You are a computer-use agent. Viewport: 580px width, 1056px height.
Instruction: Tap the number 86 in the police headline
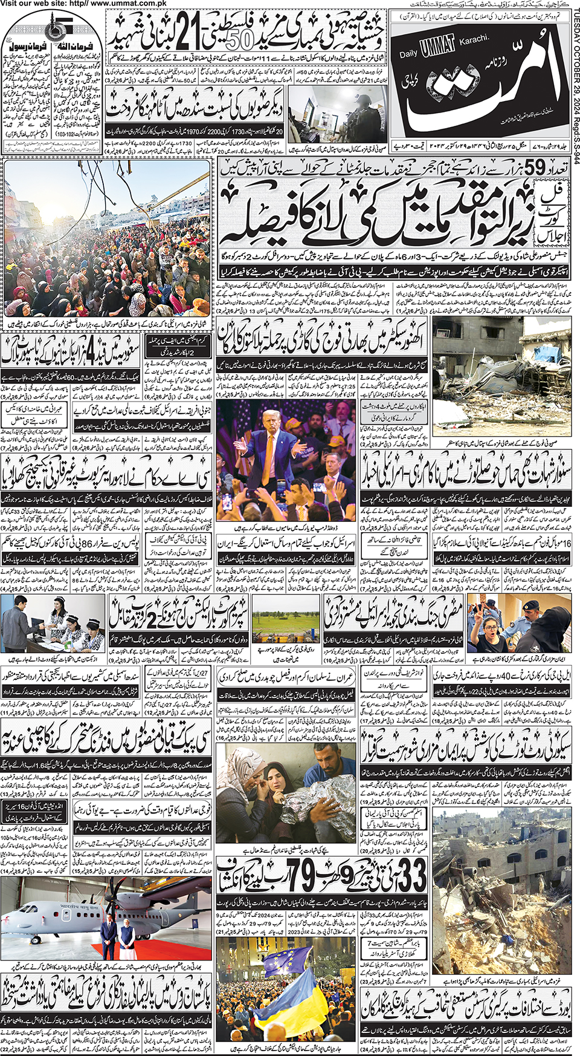tap(92, 544)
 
